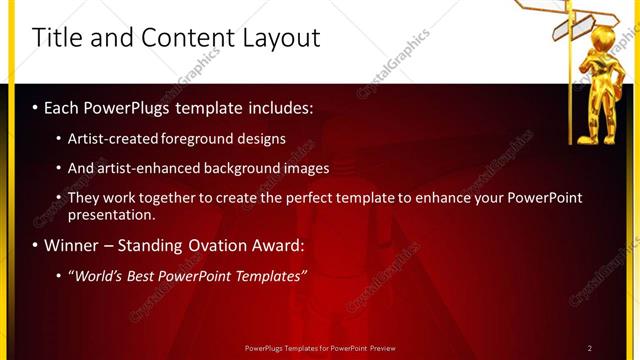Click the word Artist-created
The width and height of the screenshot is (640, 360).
point(109,139)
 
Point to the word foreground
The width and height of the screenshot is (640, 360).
point(193,139)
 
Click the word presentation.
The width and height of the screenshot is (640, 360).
point(111,214)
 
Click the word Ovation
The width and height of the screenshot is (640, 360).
point(226,245)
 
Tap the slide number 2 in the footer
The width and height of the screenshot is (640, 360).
point(590,348)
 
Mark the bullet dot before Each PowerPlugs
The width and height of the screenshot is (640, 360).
point(36,107)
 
